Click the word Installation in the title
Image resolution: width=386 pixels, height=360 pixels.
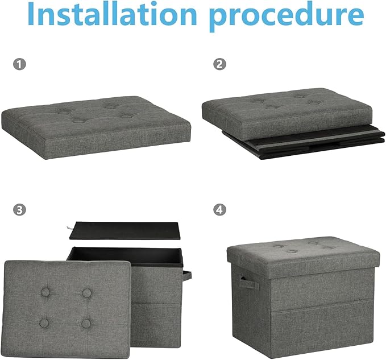tap(112, 14)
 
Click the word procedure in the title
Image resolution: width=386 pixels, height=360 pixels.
tap(287, 16)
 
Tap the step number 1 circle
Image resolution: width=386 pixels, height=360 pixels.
tap(19, 64)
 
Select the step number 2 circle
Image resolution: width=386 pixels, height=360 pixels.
tap(219, 64)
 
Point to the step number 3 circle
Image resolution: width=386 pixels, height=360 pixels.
tap(19, 210)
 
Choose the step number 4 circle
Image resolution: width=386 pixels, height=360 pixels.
tap(219, 210)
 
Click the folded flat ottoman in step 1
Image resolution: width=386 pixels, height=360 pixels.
tap(96, 127)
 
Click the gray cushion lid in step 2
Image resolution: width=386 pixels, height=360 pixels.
tap(287, 111)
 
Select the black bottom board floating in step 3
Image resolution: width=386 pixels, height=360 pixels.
tap(125, 231)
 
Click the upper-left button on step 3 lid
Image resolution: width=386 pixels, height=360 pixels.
tap(45, 292)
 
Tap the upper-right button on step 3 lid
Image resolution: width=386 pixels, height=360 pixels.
tap(87, 293)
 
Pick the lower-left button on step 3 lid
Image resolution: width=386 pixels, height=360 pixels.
tap(44, 323)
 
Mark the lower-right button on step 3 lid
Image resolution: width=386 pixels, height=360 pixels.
tap(86, 324)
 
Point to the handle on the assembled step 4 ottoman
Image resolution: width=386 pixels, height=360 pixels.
tap(248, 282)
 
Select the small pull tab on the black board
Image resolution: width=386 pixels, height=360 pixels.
tap(69, 228)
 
